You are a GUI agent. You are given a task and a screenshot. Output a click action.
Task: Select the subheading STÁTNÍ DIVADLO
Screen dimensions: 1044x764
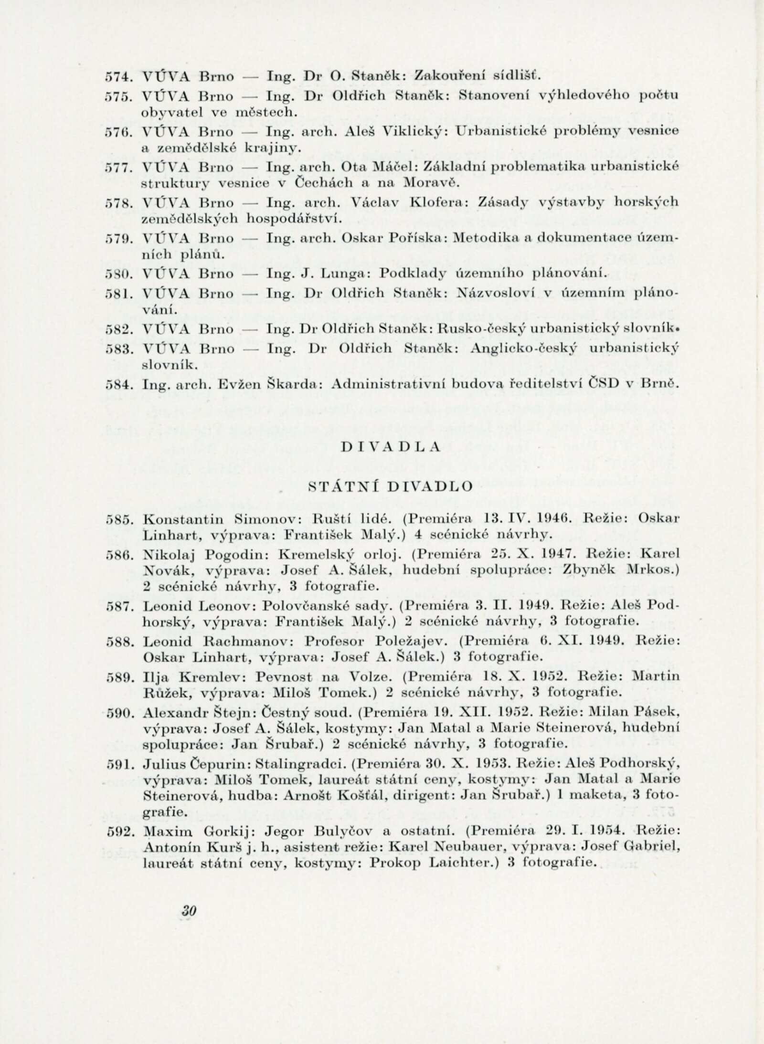[x=390, y=486]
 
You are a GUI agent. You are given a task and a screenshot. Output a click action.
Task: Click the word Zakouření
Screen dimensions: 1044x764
[x=445, y=75]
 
